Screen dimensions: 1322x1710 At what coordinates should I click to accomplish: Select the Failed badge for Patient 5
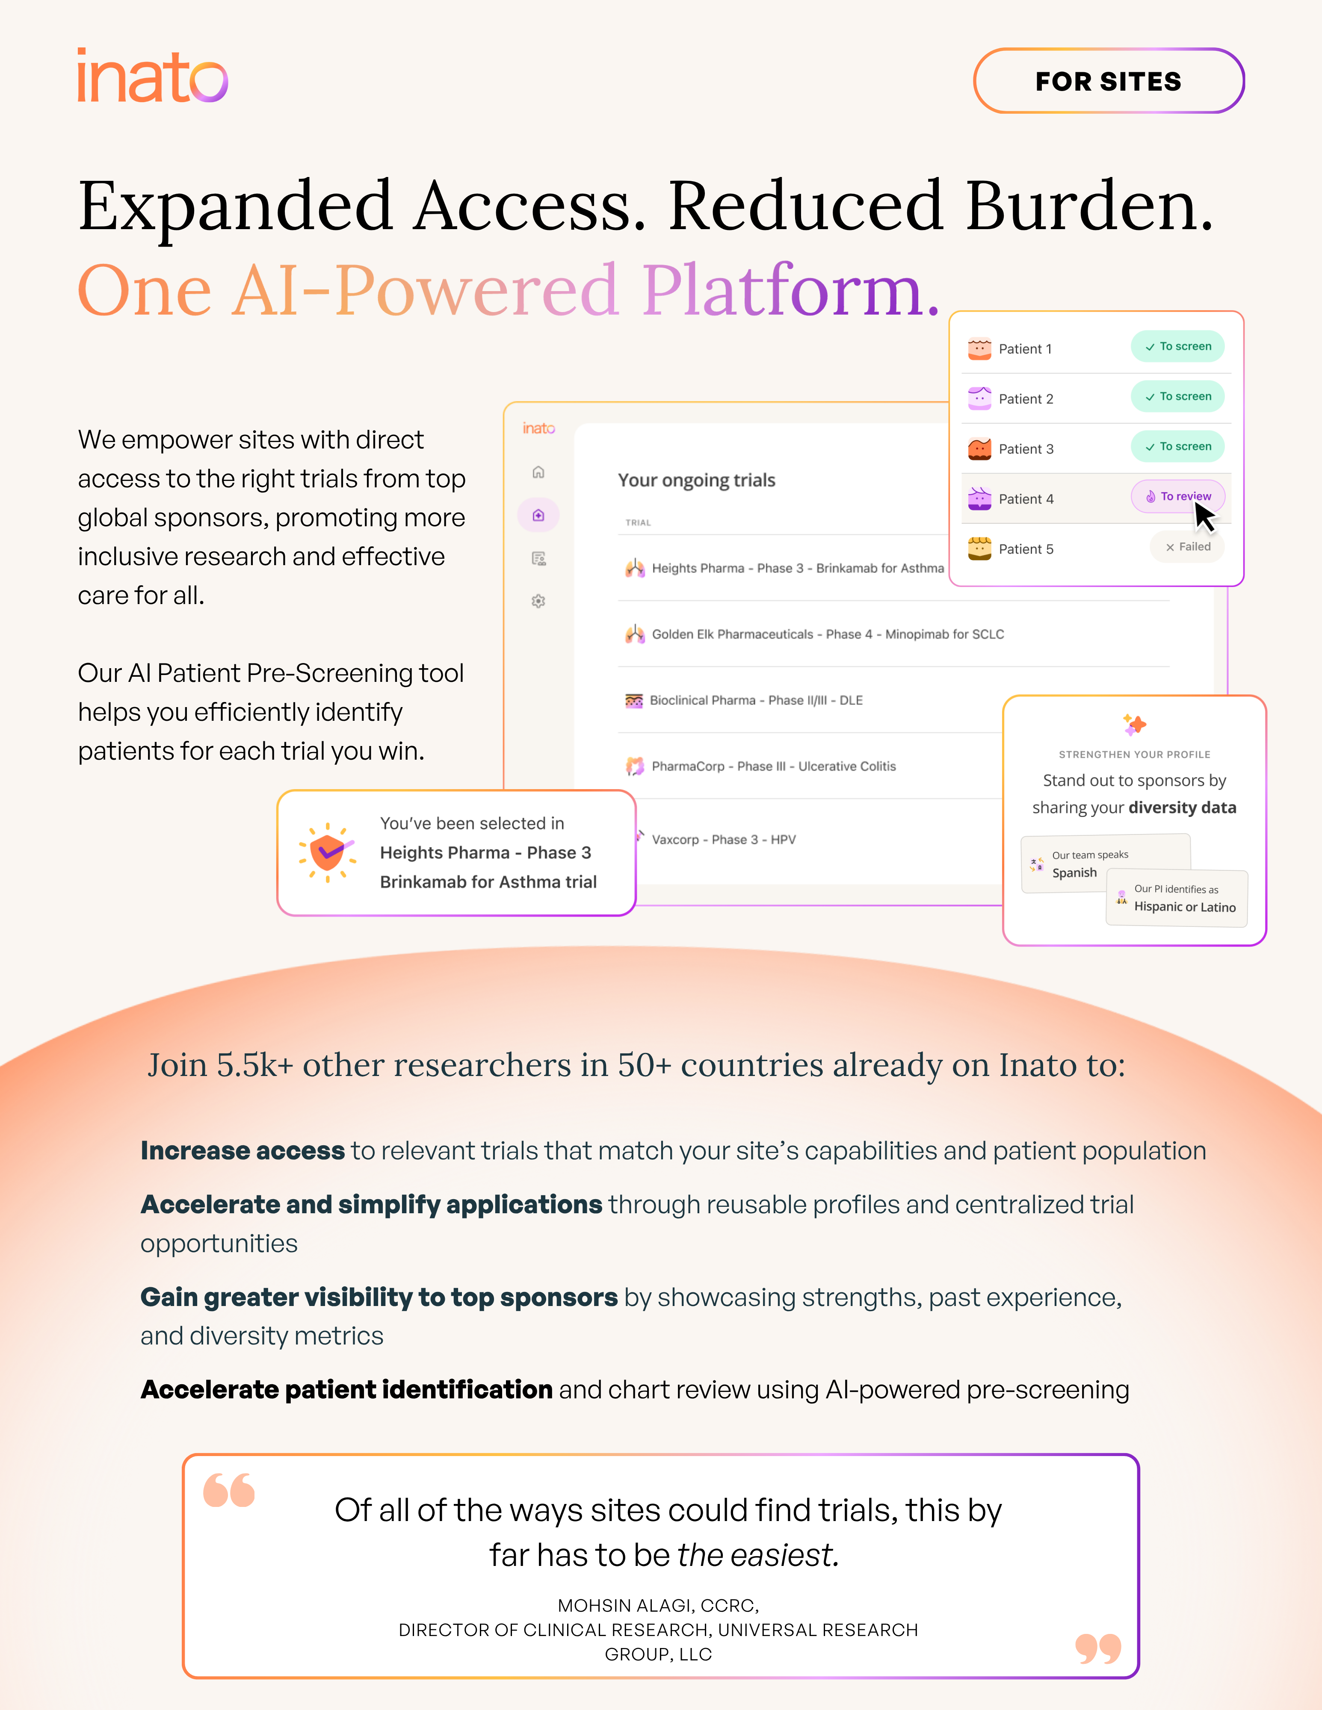(x=1187, y=546)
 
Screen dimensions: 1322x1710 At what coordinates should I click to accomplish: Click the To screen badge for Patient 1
(x=1177, y=346)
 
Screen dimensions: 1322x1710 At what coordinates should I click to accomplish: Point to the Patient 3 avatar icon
(x=979, y=448)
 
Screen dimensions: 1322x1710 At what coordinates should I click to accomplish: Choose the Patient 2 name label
(x=1026, y=398)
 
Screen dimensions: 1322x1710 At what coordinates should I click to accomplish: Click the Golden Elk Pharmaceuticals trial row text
(x=827, y=634)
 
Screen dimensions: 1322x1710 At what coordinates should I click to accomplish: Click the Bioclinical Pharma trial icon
(x=633, y=700)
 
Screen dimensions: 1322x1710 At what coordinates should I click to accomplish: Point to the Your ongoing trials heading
(x=696, y=480)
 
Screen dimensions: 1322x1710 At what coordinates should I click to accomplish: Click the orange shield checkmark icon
(x=327, y=853)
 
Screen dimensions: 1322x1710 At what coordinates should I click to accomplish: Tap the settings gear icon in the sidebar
(x=538, y=601)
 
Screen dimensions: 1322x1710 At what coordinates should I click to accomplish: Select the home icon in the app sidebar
(x=538, y=472)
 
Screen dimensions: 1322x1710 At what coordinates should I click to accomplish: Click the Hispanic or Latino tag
(x=1177, y=899)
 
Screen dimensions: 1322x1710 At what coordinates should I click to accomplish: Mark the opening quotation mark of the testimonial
(x=229, y=1489)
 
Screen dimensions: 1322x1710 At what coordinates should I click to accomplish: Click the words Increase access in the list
(x=243, y=1151)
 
